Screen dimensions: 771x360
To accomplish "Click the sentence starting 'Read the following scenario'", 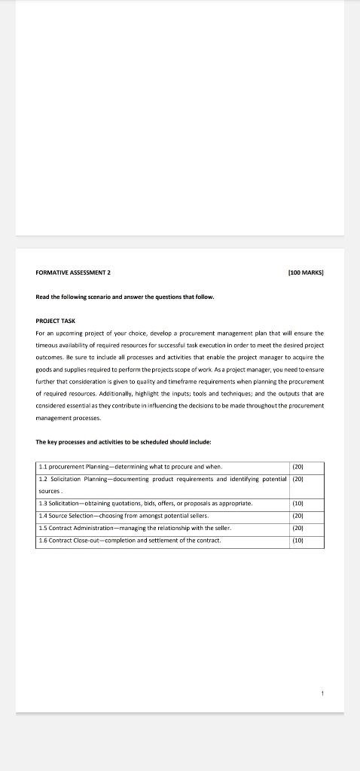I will click(x=125, y=296).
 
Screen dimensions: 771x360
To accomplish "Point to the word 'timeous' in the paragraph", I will click(x=49, y=345).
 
